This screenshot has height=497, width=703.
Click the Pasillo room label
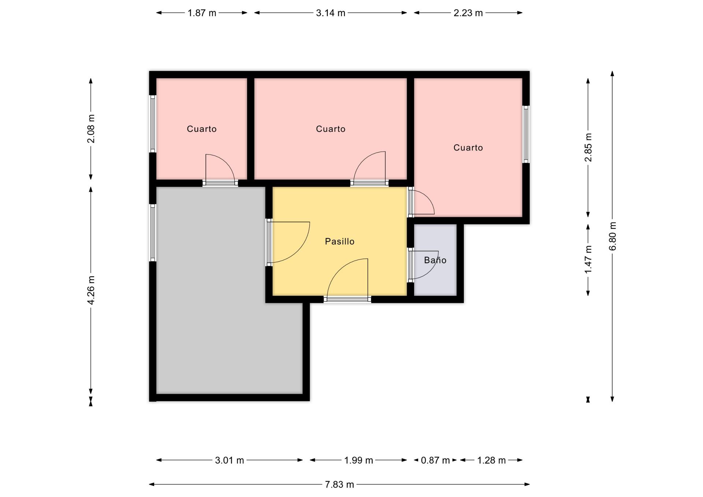coord(339,241)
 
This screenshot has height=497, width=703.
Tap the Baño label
coord(435,260)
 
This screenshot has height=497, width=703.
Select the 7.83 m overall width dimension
coord(339,485)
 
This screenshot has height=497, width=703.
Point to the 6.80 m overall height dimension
coord(613,236)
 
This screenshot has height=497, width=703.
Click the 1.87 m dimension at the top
coord(202,13)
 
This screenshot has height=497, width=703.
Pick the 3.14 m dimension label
coord(331,13)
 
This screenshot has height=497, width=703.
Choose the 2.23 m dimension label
coord(468,13)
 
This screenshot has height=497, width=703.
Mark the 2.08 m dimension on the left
coord(91,129)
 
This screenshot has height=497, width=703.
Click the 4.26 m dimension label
coord(91,290)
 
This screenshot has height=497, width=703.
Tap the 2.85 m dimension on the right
coord(588,147)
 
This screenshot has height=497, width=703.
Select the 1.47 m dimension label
coord(588,259)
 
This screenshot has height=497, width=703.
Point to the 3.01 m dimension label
coord(229,460)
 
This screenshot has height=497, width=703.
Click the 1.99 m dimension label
coord(358,460)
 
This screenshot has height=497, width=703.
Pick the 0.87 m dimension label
coord(435,460)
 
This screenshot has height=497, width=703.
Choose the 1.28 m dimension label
coord(491,460)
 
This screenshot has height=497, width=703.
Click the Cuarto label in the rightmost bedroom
coord(468,148)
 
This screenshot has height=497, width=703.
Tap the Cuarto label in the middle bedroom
coord(331,129)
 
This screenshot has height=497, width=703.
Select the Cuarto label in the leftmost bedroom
coord(201,129)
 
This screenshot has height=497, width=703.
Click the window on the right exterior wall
coord(526,134)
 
